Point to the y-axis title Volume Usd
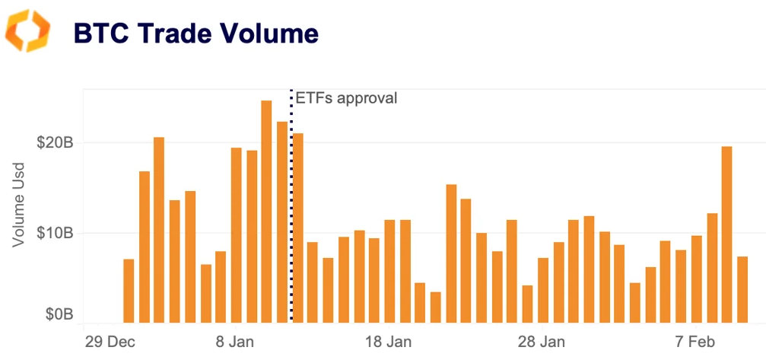tap(20, 203)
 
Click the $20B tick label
tap(55, 143)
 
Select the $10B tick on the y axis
tap(55, 233)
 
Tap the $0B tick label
tap(58, 314)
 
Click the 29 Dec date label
tap(106, 340)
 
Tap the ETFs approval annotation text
tap(346, 97)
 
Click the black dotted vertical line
tap(291, 190)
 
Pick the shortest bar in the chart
tap(435, 307)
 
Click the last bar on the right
tap(742, 289)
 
